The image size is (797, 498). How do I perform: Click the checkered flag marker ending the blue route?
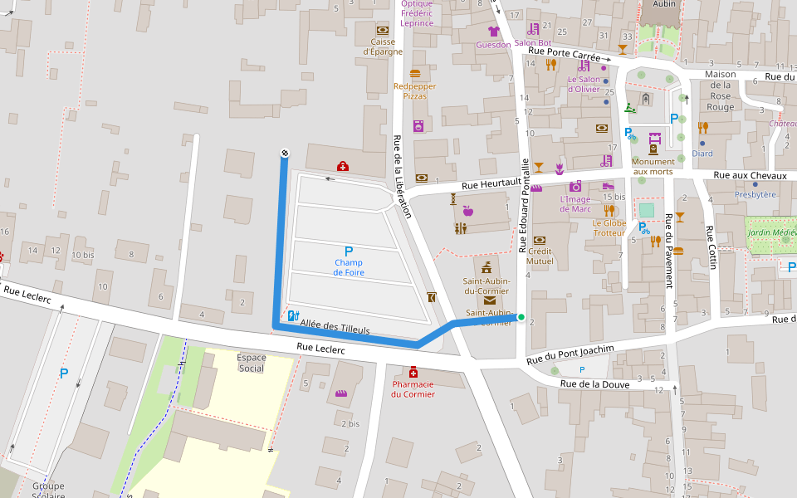[x=284, y=153]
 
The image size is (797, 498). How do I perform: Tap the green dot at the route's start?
[x=521, y=317]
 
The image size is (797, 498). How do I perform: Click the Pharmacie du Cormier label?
[x=413, y=388]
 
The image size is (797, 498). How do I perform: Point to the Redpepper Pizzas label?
[x=414, y=90]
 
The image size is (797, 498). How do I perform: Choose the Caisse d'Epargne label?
[x=383, y=46]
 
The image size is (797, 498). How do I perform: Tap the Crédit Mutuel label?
[x=540, y=256]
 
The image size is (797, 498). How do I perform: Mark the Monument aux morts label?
[x=653, y=167]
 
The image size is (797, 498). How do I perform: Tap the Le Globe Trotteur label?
[x=609, y=227]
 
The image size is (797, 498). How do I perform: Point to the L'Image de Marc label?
[x=575, y=203]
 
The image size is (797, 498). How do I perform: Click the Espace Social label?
[x=252, y=363]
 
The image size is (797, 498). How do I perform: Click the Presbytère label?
[x=755, y=194]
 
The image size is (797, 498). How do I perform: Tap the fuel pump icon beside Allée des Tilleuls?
[x=292, y=315]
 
